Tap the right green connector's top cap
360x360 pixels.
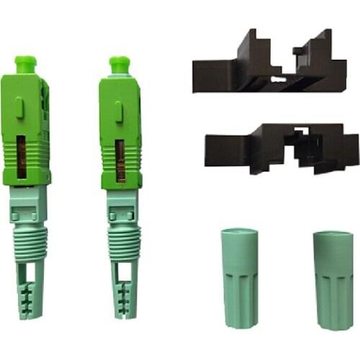tap(120, 65)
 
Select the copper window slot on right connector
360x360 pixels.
tap(120, 160)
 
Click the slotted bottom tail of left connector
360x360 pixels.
tap(28, 288)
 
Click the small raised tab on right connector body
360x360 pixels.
tap(117, 110)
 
